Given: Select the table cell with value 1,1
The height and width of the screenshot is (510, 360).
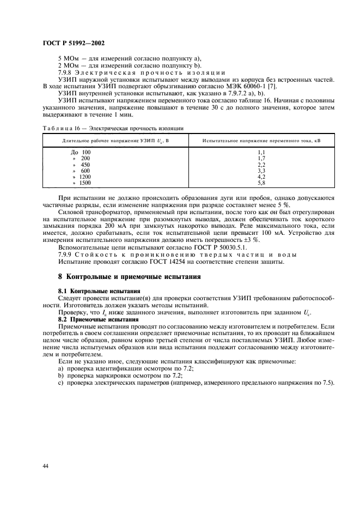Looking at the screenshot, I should click(x=261, y=153).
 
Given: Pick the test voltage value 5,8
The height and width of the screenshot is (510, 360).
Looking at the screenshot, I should click(x=261, y=183).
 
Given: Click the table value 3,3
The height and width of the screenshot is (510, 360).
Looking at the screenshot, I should click(x=261, y=171).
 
